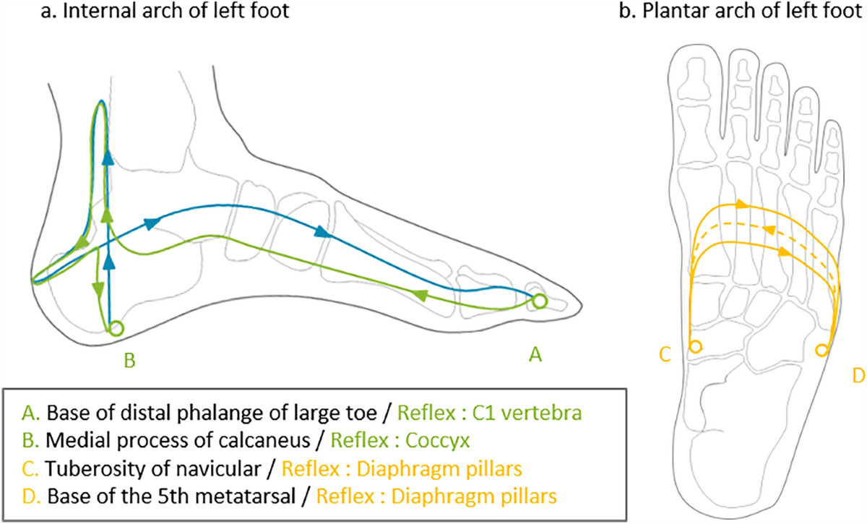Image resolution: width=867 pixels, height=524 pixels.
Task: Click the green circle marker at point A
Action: coord(539,300)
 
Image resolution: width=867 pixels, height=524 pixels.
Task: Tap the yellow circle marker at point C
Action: coord(695,347)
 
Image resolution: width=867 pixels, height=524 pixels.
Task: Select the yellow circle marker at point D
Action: coord(821,350)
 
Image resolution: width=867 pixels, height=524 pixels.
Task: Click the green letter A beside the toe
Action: coord(535,353)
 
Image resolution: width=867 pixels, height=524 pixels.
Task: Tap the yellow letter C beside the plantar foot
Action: coord(665,354)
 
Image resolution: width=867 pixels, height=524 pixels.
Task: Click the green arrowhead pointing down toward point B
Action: coord(96,289)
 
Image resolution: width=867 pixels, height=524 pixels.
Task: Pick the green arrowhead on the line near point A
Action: coord(418,295)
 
